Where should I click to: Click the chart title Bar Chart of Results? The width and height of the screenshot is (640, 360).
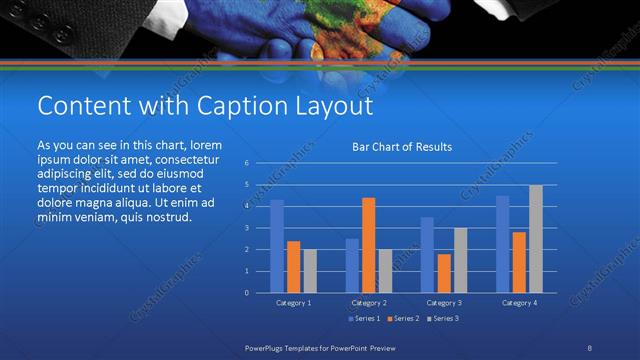pyautogui.click(x=402, y=147)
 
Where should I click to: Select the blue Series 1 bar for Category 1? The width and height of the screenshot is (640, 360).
pyautogui.click(x=277, y=246)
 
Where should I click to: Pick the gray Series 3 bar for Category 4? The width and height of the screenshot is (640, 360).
pyautogui.click(x=535, y=239)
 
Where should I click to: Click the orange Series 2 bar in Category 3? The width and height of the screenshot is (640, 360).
pyautogui.click(x=443, y=273)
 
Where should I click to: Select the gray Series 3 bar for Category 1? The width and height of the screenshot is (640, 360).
pyautogui.click(x=310, y=271)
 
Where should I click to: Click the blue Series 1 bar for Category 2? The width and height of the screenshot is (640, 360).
pyautogui.click(x=352, y=265)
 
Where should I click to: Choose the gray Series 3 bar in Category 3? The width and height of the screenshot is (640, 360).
pyautogui.click(x=460, y=260)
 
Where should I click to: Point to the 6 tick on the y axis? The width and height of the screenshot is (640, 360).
pyautogui.click(x=246, y=162)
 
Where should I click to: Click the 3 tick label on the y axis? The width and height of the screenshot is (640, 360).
pyautogui.click(x=246, y=228)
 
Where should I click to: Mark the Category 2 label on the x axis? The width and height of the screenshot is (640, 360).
pyautogui.click(x=368, y=302)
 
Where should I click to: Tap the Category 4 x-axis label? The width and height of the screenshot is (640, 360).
pyautogui.click(x=518, y=302)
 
